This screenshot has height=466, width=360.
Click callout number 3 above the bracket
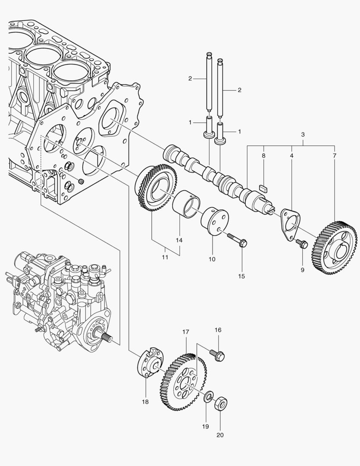[x=303, y=135]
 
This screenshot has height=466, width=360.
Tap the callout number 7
[x=334, y=155]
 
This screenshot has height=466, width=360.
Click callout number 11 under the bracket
[x=165, y=257]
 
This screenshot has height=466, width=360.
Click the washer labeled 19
[x=209, y=396]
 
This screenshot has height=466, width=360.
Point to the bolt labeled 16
[x=217, y=355]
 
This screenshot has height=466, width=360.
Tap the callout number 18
[x=145, y=402]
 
